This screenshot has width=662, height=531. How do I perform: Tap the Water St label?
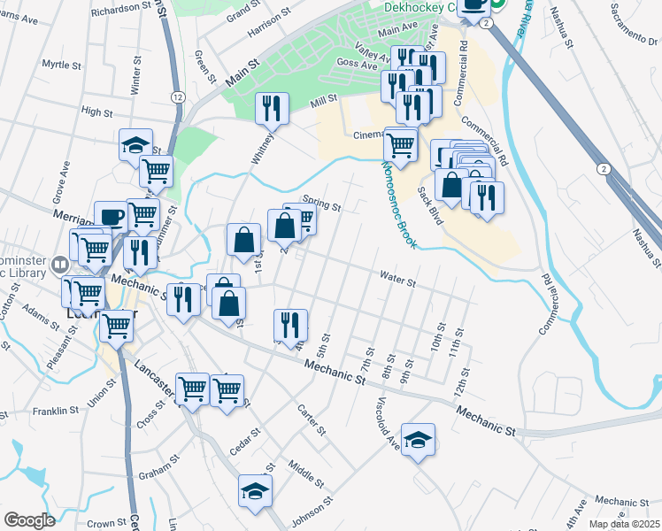click(x=398, y=281)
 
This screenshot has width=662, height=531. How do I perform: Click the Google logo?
click(x=29, y=520)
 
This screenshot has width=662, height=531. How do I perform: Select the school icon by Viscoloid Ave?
click(x=418, y=438)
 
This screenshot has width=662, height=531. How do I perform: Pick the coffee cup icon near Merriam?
click(x=111, y=216)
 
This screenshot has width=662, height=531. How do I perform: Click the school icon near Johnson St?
click(x=255, y=489)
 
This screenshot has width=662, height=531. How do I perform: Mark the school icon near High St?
click(x=135, y=144)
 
